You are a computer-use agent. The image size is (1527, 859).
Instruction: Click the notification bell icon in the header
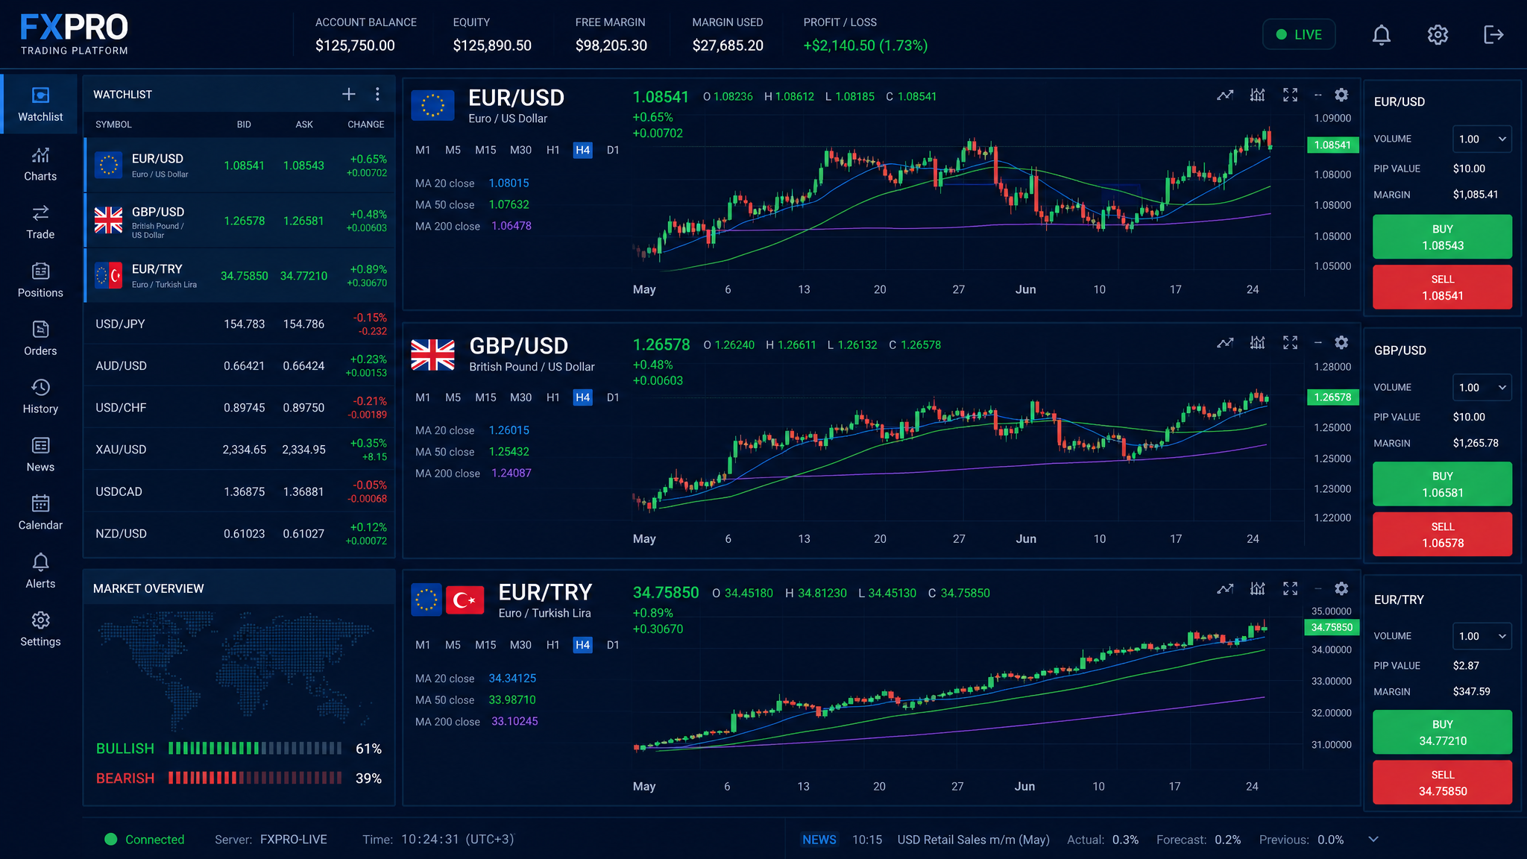1381,35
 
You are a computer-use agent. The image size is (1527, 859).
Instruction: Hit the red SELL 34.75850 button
1442,783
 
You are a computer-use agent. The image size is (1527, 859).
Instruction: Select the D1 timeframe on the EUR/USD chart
613,150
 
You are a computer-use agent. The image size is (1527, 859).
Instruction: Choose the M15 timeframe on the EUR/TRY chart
485,645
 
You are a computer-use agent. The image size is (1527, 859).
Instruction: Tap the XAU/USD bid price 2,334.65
244,450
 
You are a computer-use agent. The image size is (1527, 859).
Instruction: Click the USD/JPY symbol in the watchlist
120,324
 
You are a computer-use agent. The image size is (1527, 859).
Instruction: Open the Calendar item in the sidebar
40,513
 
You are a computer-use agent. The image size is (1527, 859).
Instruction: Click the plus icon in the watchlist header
348,94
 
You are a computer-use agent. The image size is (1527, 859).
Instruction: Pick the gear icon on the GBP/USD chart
1341,342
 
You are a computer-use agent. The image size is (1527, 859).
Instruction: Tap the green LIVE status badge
1299,34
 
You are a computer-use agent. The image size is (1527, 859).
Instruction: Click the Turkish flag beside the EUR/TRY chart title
465,600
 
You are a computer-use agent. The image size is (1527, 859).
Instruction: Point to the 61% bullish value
368,749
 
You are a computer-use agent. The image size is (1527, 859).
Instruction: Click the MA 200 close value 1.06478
511,226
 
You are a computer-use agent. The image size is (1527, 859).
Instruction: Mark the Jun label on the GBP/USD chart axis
1026,538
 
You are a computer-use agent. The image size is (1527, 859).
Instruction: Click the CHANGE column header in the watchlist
366,125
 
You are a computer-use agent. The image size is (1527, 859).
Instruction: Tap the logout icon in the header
1493,35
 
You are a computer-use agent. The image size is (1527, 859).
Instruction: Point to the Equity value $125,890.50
492,45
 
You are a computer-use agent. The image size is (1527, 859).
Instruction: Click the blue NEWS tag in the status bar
819,840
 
